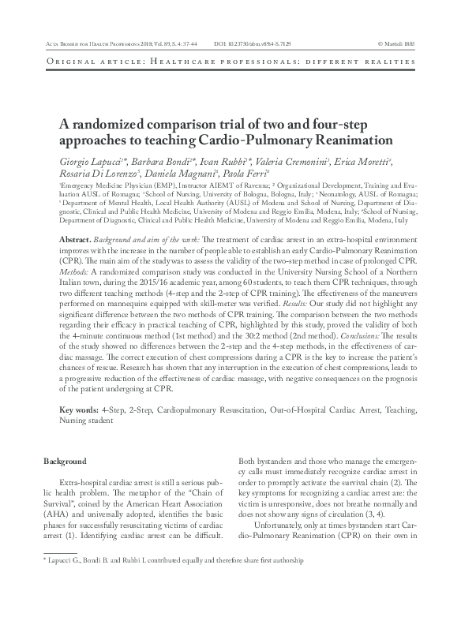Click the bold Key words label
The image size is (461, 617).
80,410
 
